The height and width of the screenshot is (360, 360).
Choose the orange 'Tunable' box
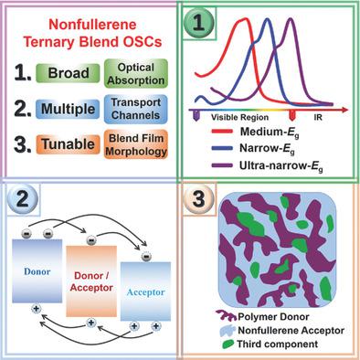click(68, 150)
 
